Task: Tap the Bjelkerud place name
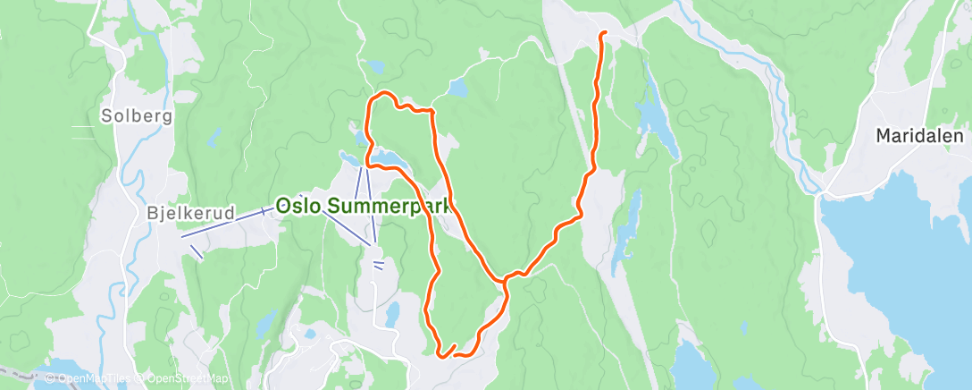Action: click(x=190, y=214)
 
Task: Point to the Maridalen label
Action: click(x=919, y=137)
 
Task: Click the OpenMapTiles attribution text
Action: click(x=90, y=379)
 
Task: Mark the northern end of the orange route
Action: click(x=604, y=33)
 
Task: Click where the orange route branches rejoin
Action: click(x=506, y=281)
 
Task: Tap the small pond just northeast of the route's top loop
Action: click(x=458, y=89)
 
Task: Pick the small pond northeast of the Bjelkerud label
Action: click(x=214, y=139)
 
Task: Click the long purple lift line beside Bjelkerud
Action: click(x=226, y=224)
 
